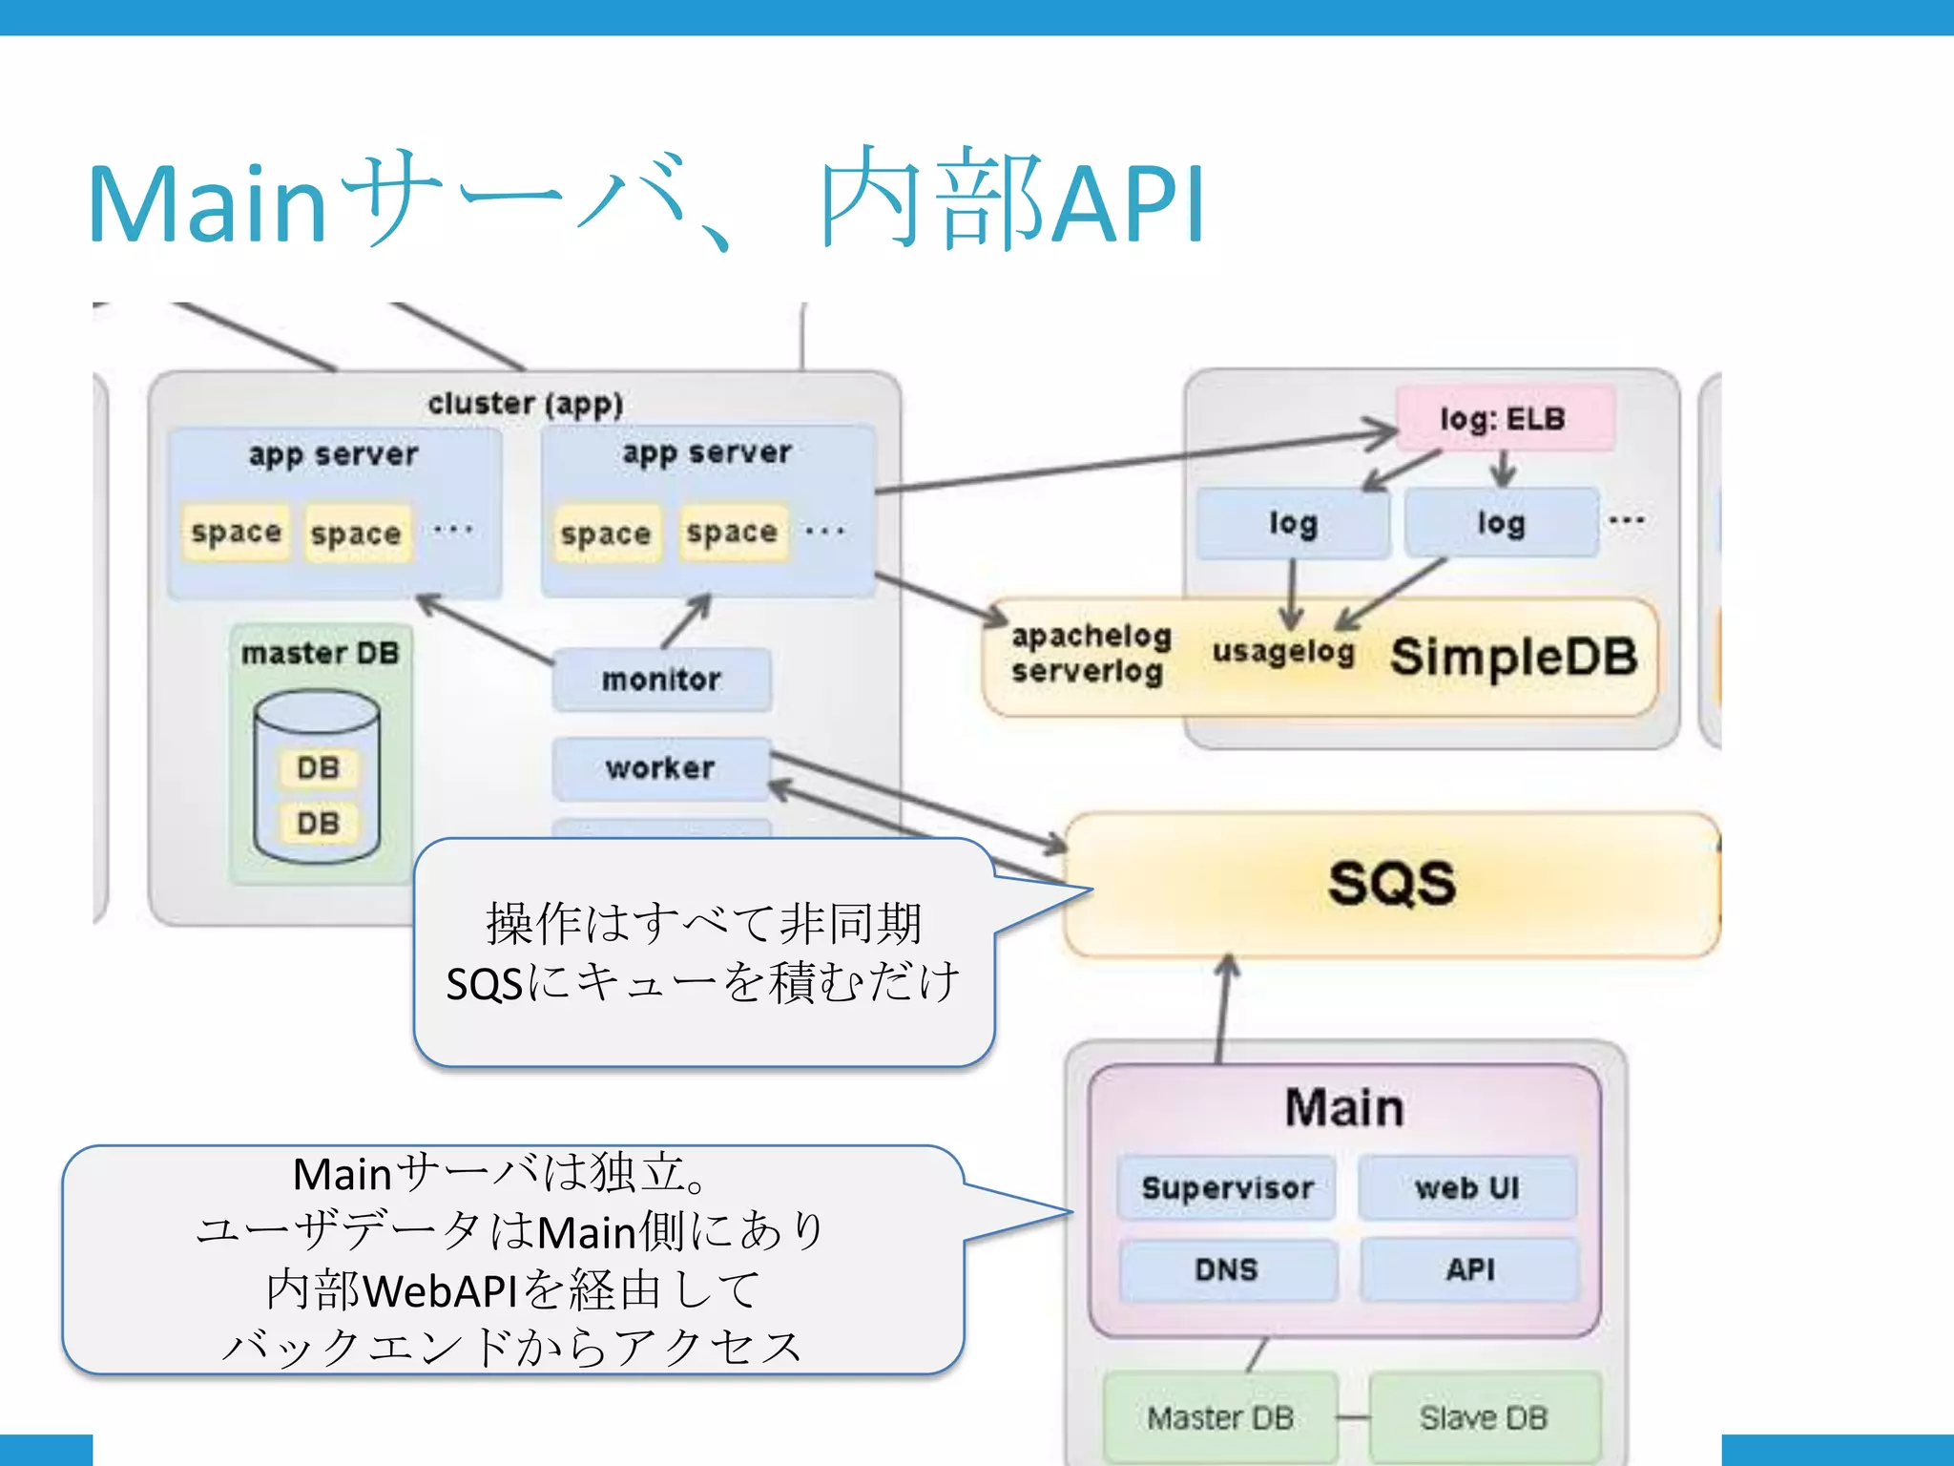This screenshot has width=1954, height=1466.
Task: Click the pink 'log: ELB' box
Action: (x=1505, y=418)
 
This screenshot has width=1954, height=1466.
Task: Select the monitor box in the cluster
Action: (x=661, y=680)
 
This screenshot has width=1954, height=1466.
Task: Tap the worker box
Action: (x=660, y=767)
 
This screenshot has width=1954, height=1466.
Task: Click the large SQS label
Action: (x=1392, y=883)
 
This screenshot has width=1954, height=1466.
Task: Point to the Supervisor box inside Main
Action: (x=1227, y=1188)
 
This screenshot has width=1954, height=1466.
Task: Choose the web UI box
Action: (x=1467, y=1188)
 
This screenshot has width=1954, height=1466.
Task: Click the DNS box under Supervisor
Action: (x=1227, y=1270)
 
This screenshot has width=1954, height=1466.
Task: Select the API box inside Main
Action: (x=1469, y=1270)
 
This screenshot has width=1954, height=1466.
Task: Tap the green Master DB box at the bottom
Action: (x=1220, y=1418)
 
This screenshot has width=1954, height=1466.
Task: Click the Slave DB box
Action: (x=1484, y=1418)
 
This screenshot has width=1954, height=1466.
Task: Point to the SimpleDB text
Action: (x=1514, y=658)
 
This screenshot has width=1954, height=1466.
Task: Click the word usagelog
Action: (x=1283, y=652)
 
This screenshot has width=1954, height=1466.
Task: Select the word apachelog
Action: (x=1091, y=636)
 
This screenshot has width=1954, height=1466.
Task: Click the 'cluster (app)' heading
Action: (x=526, y=404)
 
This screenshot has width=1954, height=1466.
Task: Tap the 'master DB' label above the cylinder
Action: (x=321, y=654)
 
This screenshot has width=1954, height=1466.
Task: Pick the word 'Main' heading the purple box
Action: (x=1344, y=1108)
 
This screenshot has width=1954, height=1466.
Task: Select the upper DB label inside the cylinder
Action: (x=318, y=767)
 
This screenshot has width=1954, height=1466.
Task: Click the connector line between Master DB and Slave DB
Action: (x=1353, y=1418)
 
